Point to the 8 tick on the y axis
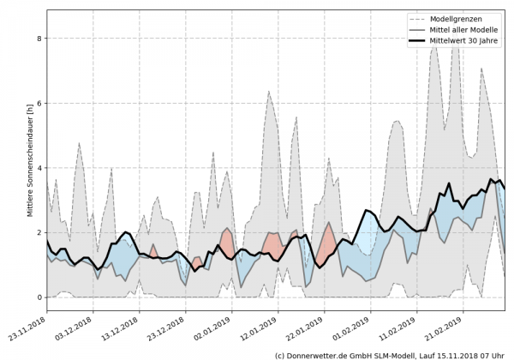coord(38,39)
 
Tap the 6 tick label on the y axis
coord(38,104)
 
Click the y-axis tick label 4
coord(38,168)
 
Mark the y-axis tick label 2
coord(38,233)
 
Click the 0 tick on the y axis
coord(38,297)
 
